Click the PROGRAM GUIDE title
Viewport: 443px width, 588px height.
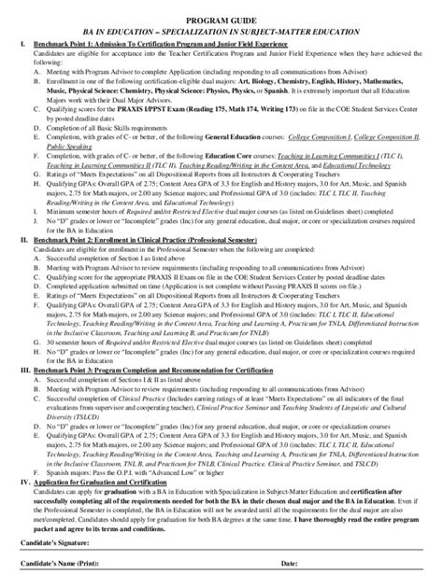coord(221,20)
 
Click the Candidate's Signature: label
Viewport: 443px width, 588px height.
coord(56,553)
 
